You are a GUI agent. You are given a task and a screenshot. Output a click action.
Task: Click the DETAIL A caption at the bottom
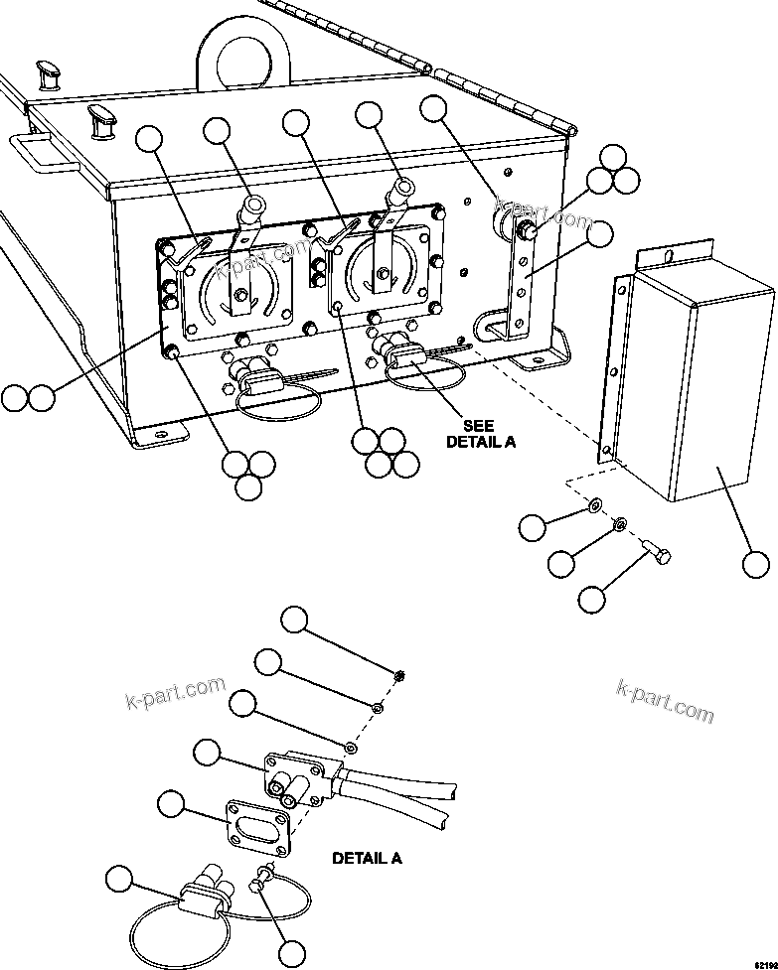[367, 857]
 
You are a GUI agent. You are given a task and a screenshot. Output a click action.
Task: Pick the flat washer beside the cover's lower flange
[593, 507]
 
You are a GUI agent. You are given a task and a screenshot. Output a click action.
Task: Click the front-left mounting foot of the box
[159, 433]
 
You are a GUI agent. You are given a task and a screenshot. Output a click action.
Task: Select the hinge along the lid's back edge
[497, 89]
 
